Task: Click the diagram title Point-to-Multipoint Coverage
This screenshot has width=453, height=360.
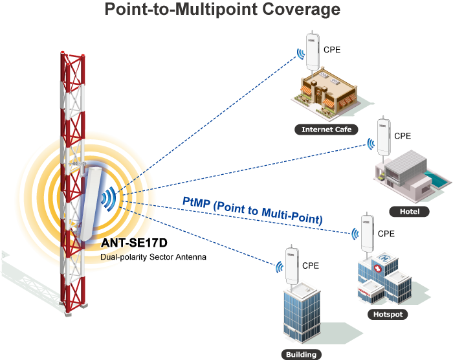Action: coord(223,10)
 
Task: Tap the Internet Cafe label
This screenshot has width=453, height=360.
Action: coord(326,129)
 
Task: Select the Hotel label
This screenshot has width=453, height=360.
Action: coord(409,212)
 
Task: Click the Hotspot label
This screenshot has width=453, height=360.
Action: coord(388,315)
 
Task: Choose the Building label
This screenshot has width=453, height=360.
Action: coord(301,354)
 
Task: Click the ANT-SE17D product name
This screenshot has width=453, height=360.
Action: coord(135,244)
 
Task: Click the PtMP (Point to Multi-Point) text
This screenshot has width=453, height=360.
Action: coord(252,211)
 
